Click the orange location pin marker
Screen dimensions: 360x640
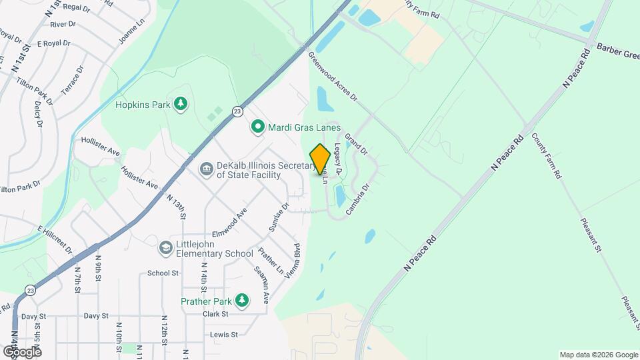[x=320, y=159]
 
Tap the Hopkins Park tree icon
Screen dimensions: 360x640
[x=180, y=104]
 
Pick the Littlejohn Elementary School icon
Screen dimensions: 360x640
[x=165, y=248]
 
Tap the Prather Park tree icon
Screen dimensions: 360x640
[x=242, y=301]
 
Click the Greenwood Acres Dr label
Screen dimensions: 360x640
[x=333, y=78]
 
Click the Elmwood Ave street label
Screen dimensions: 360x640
[x=229, y=223]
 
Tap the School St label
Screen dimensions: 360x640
[x=163, y=273]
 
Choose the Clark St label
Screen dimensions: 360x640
[x=215, y=313]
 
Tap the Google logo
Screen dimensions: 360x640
[x=22, y=351]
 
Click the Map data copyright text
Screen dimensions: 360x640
[x=598, y=355]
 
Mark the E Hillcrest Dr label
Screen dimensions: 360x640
[x=55, y=239]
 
